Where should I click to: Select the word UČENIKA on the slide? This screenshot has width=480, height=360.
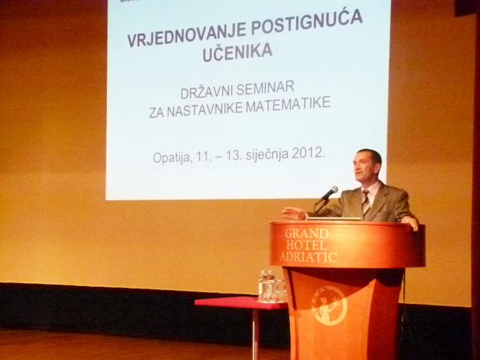pyautogui.click(x=237, y=52)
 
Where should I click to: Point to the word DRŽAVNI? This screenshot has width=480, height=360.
pyautogui.click(x=206, y=92)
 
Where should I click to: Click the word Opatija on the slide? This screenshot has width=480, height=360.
pyautogui.click(x=171, y=158)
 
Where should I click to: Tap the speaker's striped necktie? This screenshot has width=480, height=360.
pyautogui.click(x=365, y=204)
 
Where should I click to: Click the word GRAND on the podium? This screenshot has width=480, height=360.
pyautogui.click(x=307, y=234)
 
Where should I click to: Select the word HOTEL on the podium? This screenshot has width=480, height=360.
pyautogui.click(x=306, y=245)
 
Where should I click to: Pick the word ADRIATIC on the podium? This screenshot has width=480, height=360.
pyautogui.click(x=309, y=257)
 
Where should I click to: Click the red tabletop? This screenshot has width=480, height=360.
pyautogui.click(x=241, y=302)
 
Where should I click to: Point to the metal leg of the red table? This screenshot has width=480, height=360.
pyautogui.click(x=255, y=335)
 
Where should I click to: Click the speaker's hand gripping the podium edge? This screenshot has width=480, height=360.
pyautogui.click(x=411, y=222)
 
